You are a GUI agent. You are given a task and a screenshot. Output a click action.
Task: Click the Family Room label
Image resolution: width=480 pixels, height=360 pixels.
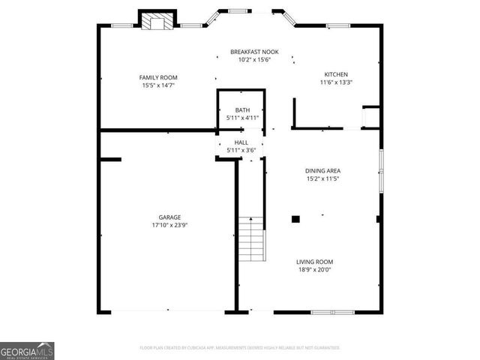(x=158, y=77)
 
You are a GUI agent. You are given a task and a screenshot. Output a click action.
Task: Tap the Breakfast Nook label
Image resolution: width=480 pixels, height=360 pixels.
(x=254, y=52)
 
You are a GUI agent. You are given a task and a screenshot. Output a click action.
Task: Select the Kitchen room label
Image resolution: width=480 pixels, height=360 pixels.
(x=335, y=74)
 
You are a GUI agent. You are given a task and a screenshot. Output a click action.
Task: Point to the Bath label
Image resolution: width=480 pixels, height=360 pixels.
(x=242, y=110)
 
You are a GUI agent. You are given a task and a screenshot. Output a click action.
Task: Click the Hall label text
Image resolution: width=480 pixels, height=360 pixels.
(x=241, y=142)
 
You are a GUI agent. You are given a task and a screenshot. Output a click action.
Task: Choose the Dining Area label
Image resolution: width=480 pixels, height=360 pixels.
(x=322, y=171)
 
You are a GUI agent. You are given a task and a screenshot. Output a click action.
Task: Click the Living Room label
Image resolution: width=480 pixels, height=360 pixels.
(x=313, y=262)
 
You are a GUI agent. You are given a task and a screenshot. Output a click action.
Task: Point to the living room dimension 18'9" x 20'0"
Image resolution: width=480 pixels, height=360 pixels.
(x=313, y=270)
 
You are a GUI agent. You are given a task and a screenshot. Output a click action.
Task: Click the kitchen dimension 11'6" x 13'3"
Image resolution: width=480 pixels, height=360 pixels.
(x=335, y=82)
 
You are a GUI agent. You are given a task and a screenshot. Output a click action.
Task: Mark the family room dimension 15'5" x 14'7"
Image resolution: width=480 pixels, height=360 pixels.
(x=158, y=85)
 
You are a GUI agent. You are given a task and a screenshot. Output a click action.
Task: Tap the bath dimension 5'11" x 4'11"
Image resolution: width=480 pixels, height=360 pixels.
(x=242, y=118)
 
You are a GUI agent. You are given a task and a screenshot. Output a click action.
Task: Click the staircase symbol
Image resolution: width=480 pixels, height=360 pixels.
(x=253, y=238)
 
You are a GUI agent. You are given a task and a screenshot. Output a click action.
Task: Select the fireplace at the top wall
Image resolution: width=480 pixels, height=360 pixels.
(x=157, y=22)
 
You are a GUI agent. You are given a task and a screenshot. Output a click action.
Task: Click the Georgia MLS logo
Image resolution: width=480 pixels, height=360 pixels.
(x=27, y=350)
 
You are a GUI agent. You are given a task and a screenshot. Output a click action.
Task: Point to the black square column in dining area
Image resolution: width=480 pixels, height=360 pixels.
(x=295, y=219)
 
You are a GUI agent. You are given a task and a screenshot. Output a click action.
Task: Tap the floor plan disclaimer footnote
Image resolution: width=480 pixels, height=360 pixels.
(x=240, y=348)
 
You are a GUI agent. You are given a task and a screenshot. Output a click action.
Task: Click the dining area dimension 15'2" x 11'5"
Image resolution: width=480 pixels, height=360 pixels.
(x=322, y=179)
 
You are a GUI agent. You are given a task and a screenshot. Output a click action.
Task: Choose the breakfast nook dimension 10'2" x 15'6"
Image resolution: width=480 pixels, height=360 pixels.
(x=254, y=60)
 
